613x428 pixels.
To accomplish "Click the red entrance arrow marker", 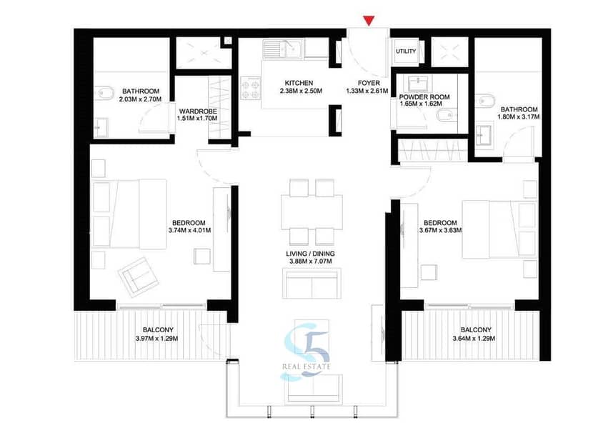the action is click(x=369, y=21).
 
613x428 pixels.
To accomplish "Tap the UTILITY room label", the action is click(x=406, y=51).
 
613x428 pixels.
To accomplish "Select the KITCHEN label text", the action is click(x=299, y=83).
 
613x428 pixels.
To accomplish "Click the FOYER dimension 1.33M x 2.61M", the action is click(x=367, y=91).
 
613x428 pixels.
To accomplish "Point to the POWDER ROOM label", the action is click(x=424, y=96).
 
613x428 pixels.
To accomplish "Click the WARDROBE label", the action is click(x=198, y=111).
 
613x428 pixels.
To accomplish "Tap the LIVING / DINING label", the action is click(x=310, y=254).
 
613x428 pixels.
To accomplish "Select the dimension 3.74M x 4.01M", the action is click(x=189, y=230).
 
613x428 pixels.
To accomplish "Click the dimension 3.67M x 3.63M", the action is click(x=440, y=230).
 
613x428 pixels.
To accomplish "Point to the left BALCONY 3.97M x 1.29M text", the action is click(x=156, y=334).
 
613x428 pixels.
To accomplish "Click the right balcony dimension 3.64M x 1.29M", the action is click(x=474, y=339).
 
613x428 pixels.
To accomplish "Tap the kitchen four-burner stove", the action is click(x=251, y=89).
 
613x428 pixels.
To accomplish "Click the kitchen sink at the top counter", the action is click(x=283, y=49).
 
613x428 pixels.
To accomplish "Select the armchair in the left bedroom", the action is click(x=138, y=277).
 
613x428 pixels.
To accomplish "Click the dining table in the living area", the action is click(x=312, y=212).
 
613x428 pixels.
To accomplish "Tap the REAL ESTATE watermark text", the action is click(x=306, y=367).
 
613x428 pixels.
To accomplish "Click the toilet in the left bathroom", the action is click(x=104, y=93).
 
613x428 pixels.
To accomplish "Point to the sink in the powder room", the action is click(x=418, y=84).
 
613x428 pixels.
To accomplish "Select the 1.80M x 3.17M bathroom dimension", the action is click(x=519, y=117).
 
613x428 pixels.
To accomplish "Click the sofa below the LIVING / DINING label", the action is click(x=312, y=284).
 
